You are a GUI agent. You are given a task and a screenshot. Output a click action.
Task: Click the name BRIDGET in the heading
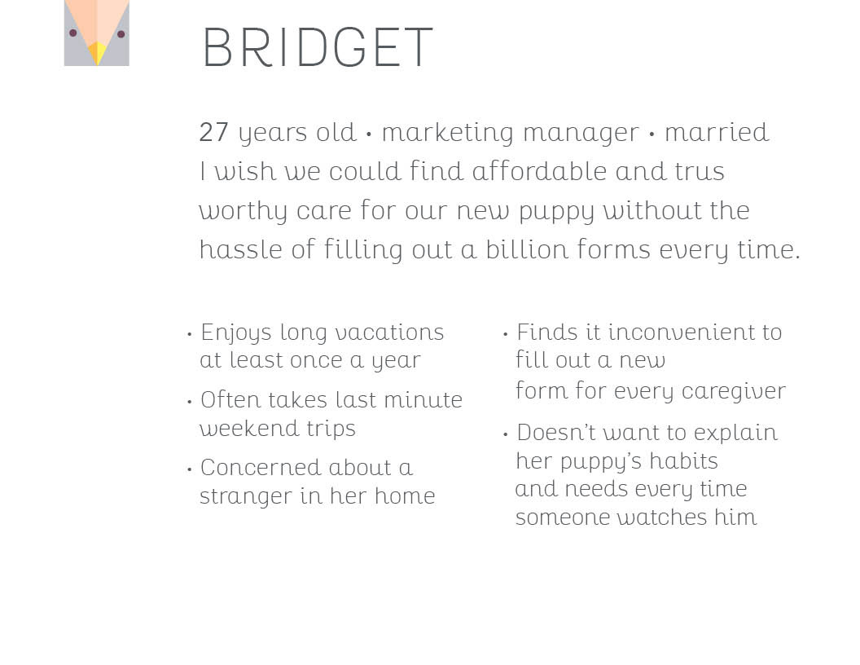(318, 47)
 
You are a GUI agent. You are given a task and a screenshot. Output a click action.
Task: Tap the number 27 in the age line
(213, 132)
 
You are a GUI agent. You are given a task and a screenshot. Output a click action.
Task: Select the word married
(717, 132)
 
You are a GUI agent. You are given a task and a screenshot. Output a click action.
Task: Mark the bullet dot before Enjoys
(189, 333)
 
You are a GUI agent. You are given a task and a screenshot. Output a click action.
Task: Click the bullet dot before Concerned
(189, 469)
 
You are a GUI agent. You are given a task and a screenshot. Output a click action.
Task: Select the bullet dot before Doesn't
(505, 434)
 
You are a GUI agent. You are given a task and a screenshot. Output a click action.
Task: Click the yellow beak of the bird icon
(97, 53)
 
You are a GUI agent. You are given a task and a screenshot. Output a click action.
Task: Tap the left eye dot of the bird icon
(73, 33)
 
